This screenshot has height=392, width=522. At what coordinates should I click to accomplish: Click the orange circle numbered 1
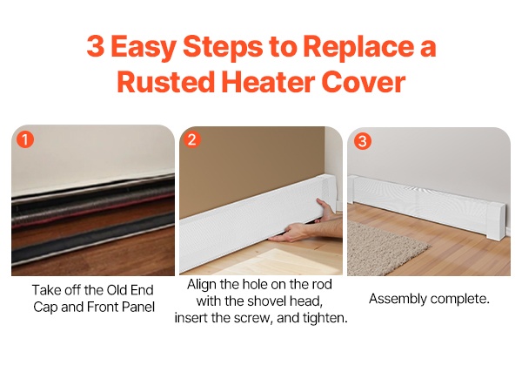click(x=25, y=139)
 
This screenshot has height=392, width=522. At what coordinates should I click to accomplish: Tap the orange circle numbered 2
click(x=191, y=139)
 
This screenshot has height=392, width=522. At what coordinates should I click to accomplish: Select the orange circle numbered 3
click(x=363, y=141)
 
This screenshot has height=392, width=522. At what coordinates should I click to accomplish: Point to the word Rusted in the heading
click(x=166, y=82)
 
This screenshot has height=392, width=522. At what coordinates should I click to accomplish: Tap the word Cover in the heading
click(x=364, y=82)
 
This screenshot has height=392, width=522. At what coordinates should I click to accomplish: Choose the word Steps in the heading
click(x=223, y=46)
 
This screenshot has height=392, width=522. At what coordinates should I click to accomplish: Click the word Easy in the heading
click(x=144, y=47)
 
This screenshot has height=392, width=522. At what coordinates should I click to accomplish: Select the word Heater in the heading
click(x=268, y=82)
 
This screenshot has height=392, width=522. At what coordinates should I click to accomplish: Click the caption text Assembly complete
click(x=429, y=299)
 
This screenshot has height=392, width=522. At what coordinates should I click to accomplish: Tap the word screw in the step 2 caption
click(x=251, y=318)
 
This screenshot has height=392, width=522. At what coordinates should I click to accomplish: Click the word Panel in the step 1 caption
click(x=138, y=307)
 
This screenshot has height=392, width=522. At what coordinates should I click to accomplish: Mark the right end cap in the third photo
click(x=497, y=220)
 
